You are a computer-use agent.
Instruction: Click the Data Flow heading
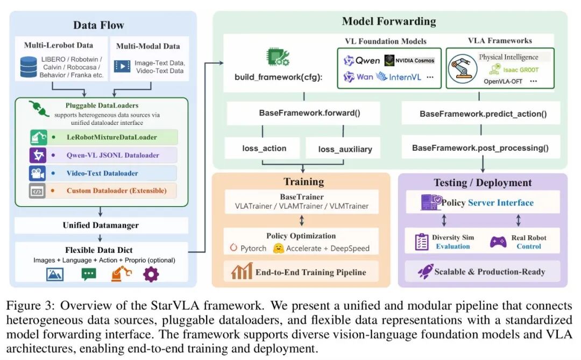coord(98,25)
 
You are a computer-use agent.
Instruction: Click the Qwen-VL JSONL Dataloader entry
coord(112,156)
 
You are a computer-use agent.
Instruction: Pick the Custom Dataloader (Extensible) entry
coord(116,190)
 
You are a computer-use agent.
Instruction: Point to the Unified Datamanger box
coord(101,225)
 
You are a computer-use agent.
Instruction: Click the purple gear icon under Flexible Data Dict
coord(151,274)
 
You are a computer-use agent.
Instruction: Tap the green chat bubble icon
coord(89,274)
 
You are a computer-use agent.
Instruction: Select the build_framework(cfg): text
coord(278,77)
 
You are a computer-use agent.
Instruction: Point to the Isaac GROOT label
coord(521,69)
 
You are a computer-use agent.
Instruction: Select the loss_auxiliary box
coord(345,148)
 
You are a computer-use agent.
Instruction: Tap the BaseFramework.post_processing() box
coord(481,148)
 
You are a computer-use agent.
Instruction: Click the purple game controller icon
coord(498,242)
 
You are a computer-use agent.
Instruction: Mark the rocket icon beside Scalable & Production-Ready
coord(426,271)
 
